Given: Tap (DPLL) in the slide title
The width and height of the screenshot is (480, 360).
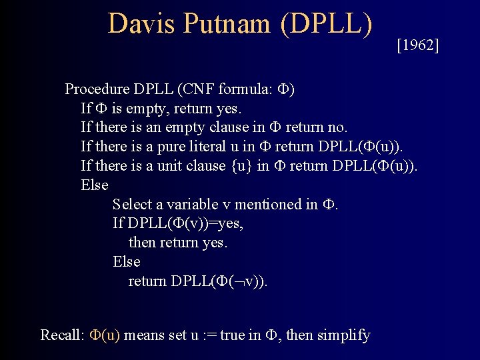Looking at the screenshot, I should click(x=326, y=24).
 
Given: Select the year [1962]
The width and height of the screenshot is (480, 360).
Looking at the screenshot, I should click(x=418, y=46).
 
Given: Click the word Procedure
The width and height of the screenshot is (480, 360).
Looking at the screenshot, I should click(x=97, y=89).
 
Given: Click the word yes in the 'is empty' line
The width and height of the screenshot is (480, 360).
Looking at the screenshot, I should click(x=245, y=109).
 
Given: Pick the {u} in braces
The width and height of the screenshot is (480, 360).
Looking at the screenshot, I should click(x=242, y=166).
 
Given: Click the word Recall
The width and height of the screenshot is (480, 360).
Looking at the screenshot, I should click(x=61, y=335).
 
